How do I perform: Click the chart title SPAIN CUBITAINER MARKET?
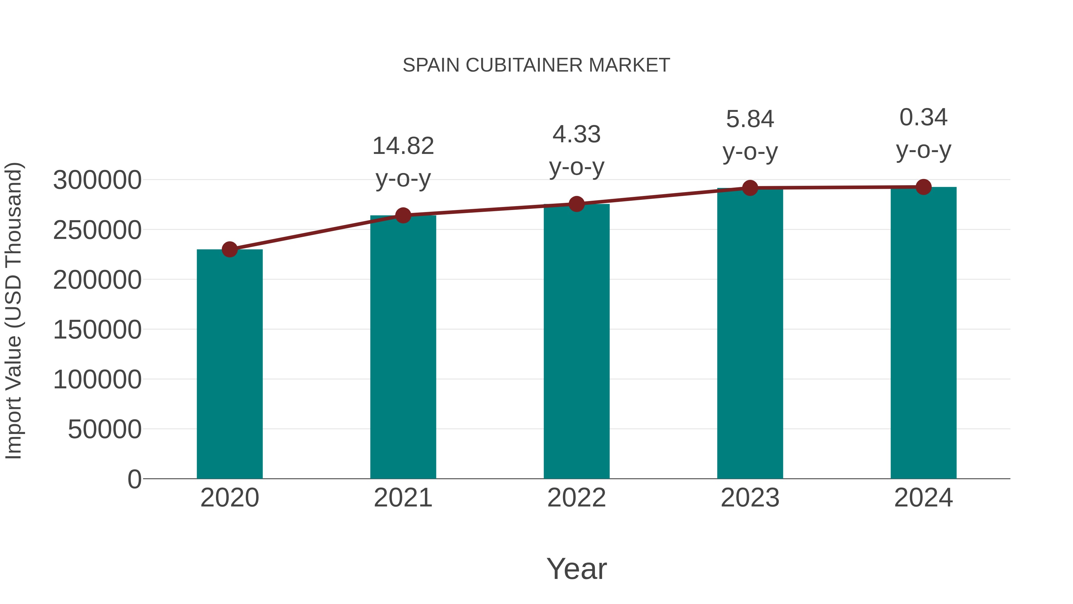[536, 65]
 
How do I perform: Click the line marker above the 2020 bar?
[230, 250]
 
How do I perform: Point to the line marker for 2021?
[403, 216]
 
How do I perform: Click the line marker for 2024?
[923, 187]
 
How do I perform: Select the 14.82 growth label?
[403, 146]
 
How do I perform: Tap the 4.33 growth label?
[576, 135]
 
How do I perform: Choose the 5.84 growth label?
[750, 119]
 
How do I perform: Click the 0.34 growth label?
[923, 118]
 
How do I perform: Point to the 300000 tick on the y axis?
[97, 180]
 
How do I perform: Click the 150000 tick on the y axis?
[97, 330]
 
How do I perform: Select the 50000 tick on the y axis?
[105, 429]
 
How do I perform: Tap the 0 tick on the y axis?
[134, 479]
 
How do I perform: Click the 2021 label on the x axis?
[403, 498]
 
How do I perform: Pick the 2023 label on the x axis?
[750, 498]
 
